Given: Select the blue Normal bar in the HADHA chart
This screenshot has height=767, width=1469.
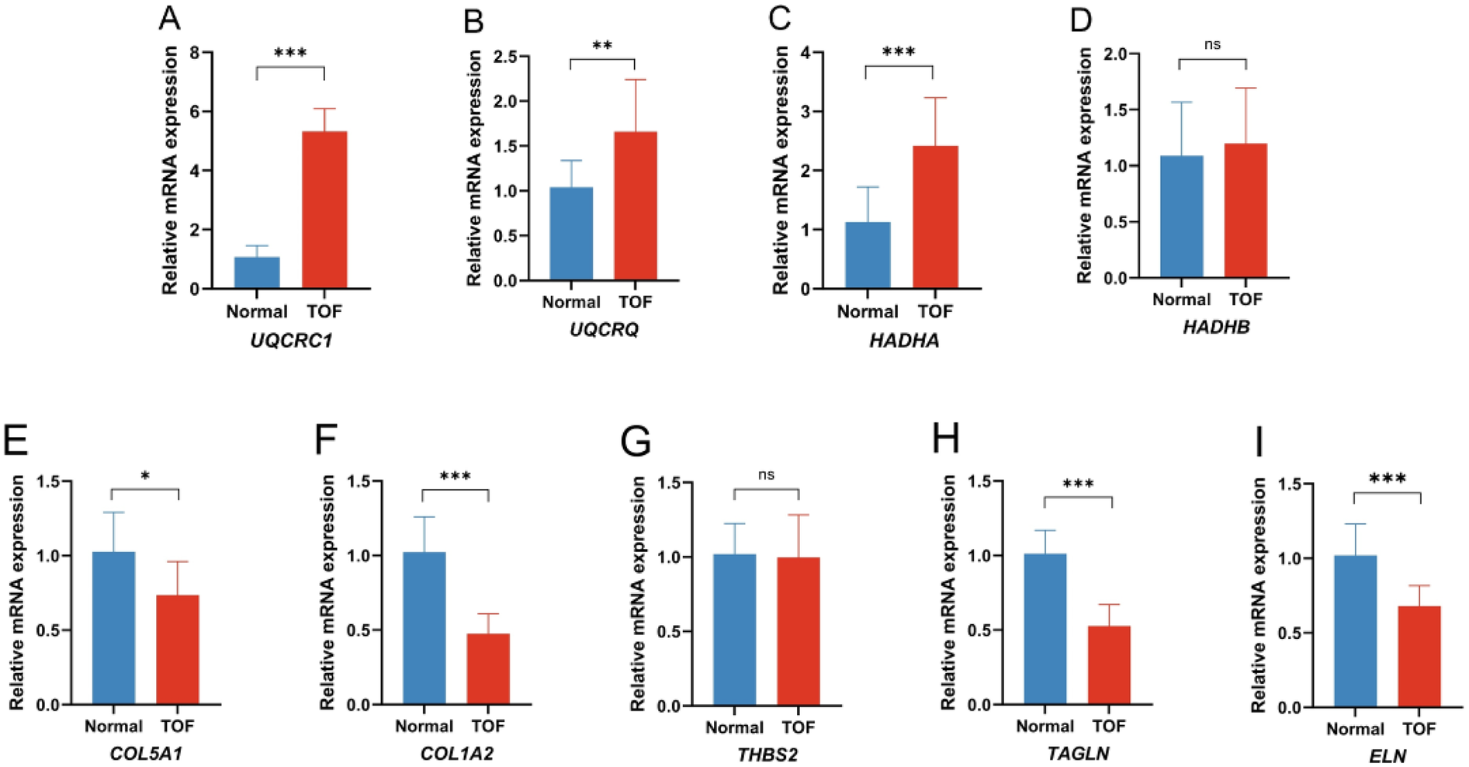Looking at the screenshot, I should point(868,255).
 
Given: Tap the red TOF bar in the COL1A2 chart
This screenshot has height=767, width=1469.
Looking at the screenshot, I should point(488,668).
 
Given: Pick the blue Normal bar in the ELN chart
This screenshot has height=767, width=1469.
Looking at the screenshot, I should point(1355,630).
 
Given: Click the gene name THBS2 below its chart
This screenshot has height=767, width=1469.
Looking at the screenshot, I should point(767,755).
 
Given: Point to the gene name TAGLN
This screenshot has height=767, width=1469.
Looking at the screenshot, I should point(1078,753).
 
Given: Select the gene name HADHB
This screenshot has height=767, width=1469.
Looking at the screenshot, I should point(1216,328).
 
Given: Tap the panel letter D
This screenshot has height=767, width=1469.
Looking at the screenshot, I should point(1081,21).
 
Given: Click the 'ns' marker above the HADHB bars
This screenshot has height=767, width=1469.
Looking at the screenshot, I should point(1212,45).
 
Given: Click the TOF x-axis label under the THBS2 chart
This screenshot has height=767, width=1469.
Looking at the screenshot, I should point(798,727).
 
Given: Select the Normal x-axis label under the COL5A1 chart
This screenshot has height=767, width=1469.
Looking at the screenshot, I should point(113,727).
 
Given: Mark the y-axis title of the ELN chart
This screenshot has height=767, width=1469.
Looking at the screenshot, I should point(1259,595).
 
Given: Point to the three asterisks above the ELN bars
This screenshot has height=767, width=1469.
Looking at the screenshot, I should point(1387,479).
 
